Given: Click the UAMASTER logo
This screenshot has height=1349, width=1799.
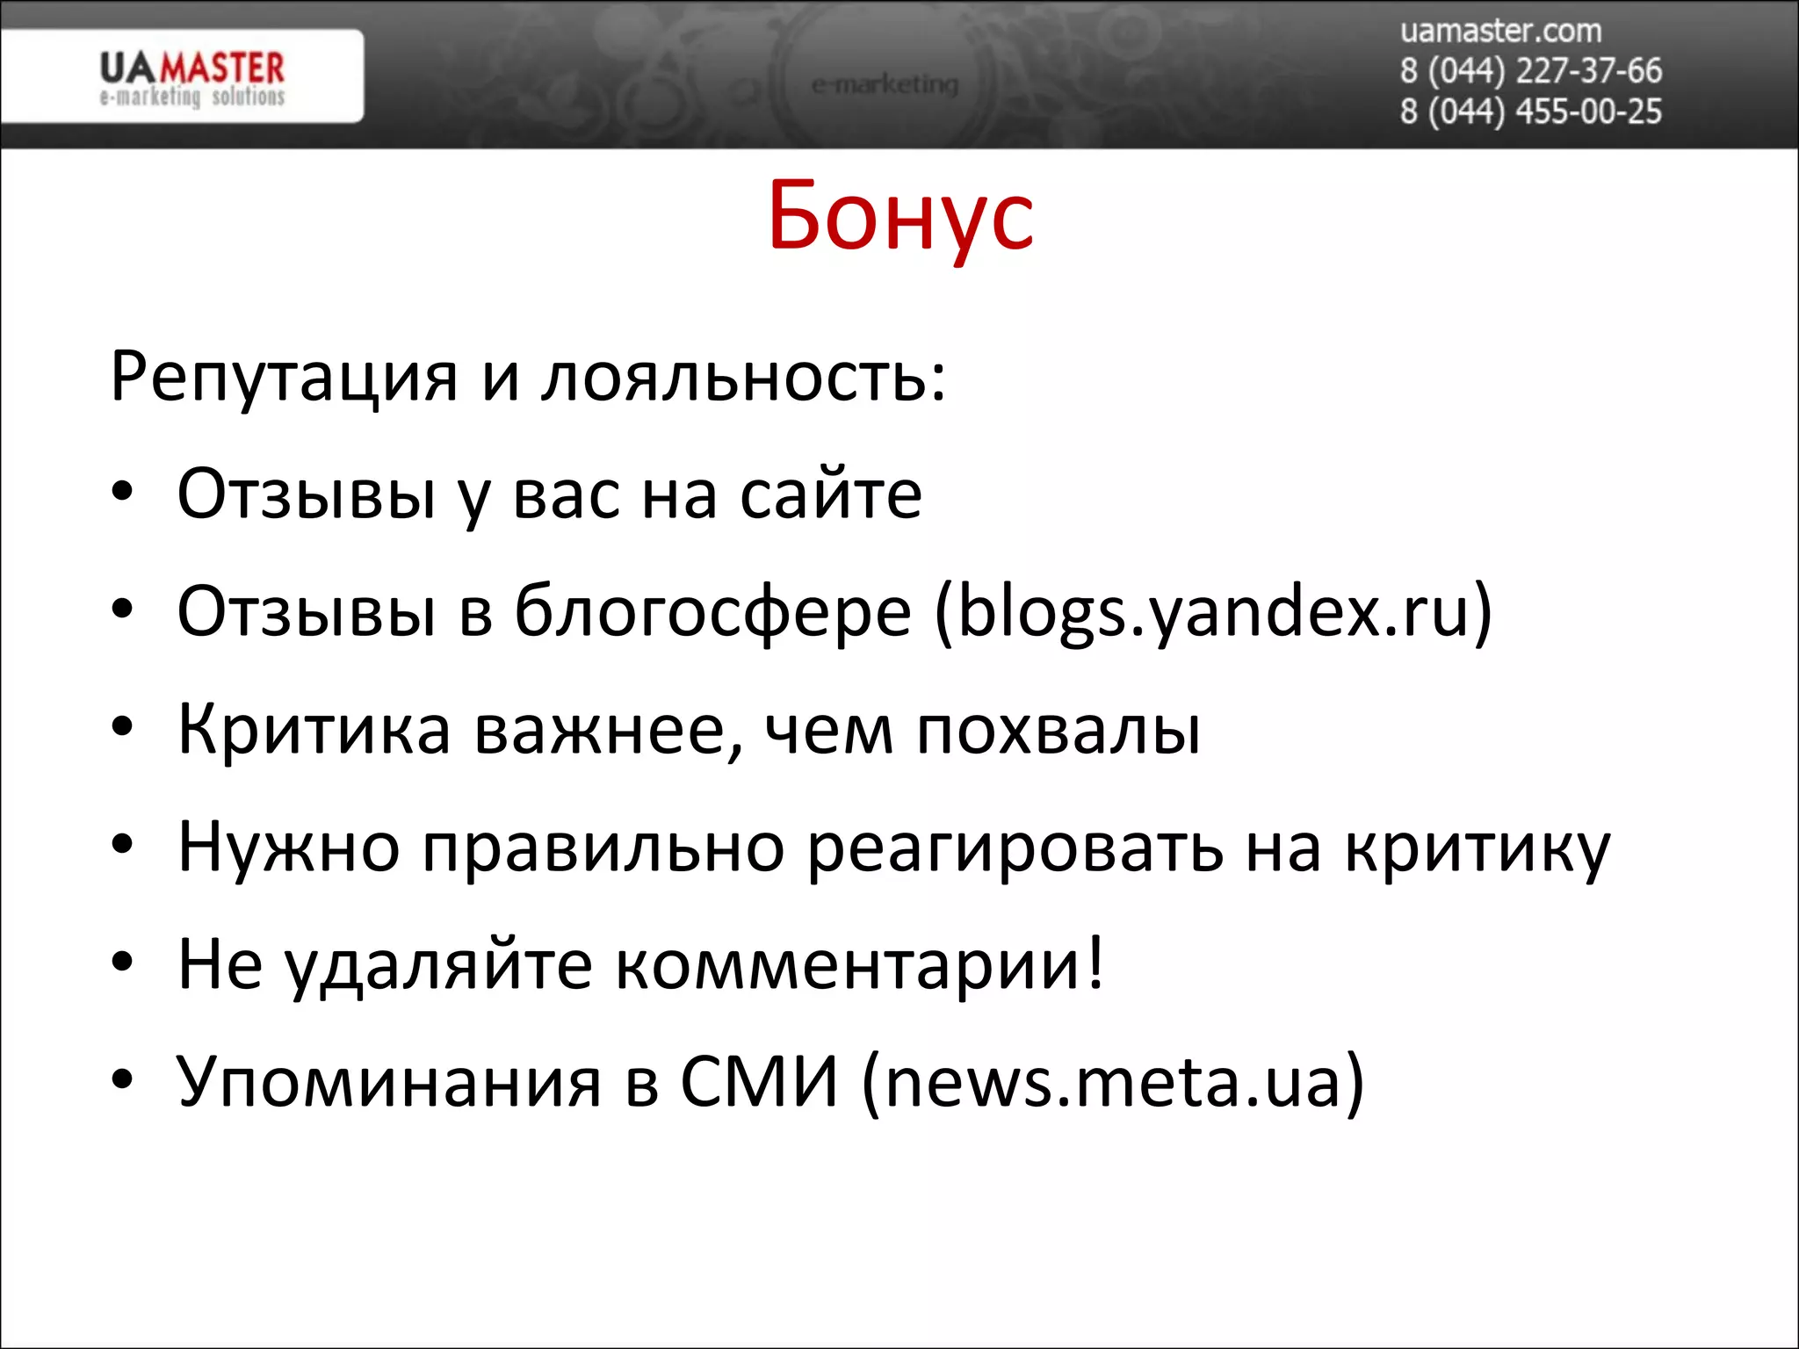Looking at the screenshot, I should (x=191, y=77).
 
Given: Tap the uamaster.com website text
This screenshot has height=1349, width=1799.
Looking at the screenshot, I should (x=1500, y=32).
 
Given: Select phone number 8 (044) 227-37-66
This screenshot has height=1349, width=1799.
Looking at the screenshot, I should (x=1530, y=71).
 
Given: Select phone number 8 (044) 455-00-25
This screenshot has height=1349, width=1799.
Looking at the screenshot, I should (x=1530, y=112).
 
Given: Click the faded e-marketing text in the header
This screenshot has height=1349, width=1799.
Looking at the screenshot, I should (x=885, y=85).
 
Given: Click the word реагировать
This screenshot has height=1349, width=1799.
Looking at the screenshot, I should (x=1015, y=848).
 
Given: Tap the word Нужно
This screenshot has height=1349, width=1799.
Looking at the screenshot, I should (x=288, y=848).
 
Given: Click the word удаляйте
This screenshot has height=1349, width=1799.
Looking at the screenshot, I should (x=438, y=965).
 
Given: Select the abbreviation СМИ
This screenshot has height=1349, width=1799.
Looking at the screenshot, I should (x=759, y=1082).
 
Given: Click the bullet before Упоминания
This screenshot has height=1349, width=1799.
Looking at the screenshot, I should (x=122, y=1079).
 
